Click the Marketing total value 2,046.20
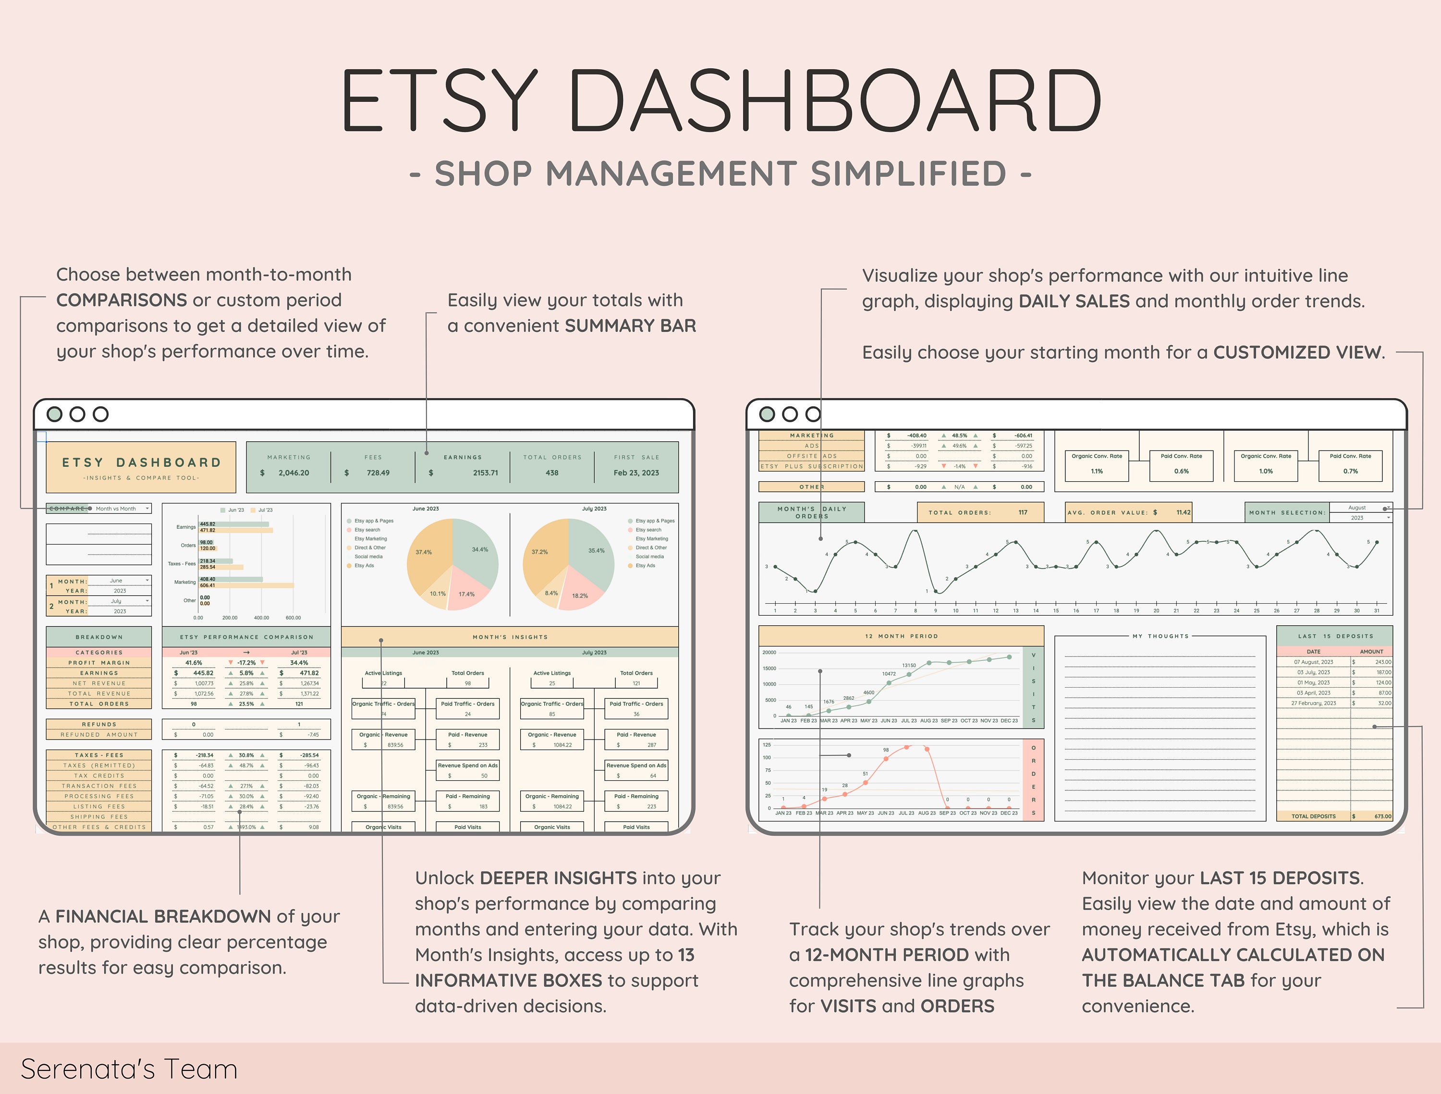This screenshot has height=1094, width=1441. click(293, 473)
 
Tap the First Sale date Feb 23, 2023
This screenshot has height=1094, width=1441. click(636, 473)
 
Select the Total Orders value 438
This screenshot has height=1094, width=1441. click(552, 473)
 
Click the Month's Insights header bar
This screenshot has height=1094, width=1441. click(510, 637)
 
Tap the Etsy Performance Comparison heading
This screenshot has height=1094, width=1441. click(246, 637)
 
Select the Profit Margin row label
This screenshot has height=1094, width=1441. click(99, 662)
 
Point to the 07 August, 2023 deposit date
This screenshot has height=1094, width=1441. click(1313, 662)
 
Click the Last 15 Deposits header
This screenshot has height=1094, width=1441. click(1335, 636)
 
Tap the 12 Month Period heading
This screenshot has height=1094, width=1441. click(901, 636)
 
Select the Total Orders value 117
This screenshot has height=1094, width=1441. click(1023, 512)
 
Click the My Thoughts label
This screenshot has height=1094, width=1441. click(1168, 636)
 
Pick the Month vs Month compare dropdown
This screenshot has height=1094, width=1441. click(120, 509)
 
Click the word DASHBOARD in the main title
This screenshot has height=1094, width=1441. click(834, 101)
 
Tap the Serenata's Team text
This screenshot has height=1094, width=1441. click(129, 1069)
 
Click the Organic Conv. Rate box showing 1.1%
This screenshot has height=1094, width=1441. click(1097, 465)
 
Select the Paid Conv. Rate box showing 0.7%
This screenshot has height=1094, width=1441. click(1350, 465)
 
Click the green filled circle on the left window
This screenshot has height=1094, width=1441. click(55, 414)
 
